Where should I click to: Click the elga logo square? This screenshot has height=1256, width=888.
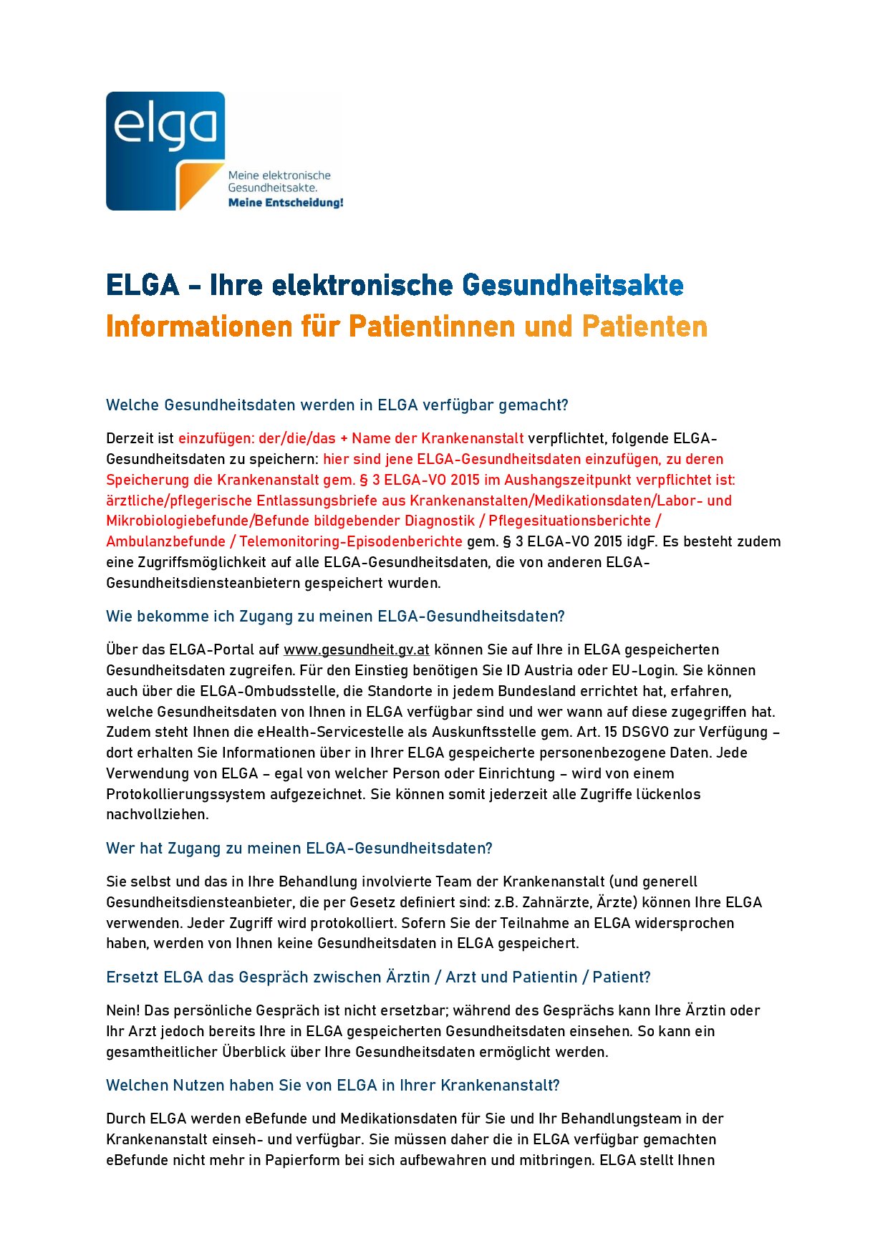165,150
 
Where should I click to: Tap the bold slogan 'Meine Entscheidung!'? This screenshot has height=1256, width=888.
285,203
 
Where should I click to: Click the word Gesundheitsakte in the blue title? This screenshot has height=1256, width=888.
572,285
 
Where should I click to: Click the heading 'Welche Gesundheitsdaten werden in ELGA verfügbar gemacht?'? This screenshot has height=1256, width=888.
337,405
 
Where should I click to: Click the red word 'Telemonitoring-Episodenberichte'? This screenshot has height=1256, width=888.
350,541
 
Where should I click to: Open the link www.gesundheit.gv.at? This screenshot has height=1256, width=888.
356,649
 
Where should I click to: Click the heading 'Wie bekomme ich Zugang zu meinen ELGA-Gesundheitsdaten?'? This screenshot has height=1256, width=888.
335,617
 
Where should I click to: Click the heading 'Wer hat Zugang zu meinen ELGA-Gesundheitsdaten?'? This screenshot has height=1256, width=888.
299,849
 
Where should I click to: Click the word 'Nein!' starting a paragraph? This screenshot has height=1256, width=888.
122,1010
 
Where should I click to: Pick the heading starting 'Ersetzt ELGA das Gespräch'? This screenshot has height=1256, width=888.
378,977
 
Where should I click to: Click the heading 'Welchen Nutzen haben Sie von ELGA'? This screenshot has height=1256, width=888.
332,1086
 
